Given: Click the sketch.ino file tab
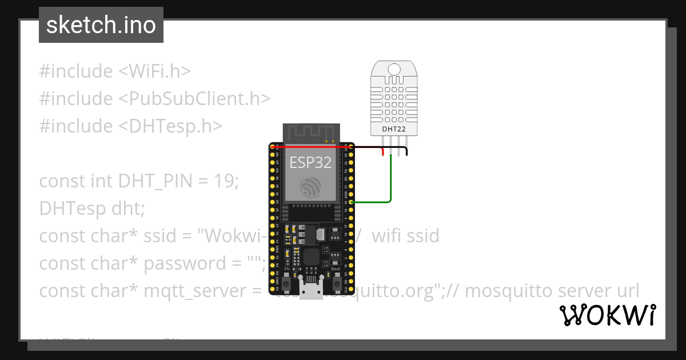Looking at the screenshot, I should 101,25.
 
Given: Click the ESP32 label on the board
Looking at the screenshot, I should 310,162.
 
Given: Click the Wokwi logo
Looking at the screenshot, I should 607,315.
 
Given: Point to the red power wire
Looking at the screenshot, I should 320,147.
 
